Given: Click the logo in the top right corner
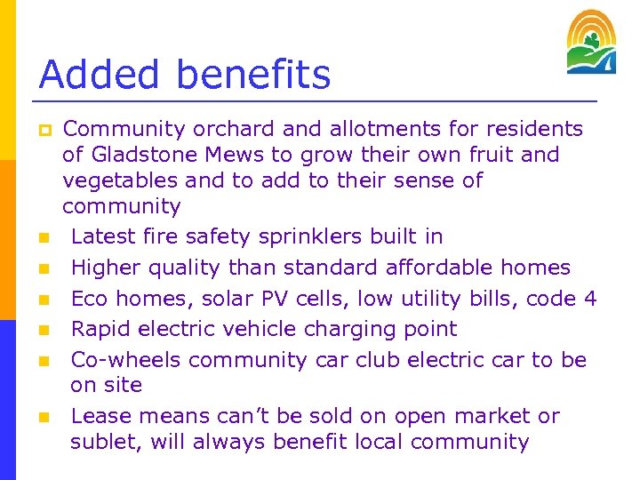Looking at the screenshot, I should pos(591,42).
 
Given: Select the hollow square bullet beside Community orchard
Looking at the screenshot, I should pos(43,130).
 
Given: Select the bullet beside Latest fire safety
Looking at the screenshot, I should pos(43,238).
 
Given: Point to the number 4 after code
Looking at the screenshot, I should pos(590,299).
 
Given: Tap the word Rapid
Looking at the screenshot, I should pos(102,329).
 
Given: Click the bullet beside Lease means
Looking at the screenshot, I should pos(43,417).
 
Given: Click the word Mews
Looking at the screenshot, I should pos(236,155).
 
